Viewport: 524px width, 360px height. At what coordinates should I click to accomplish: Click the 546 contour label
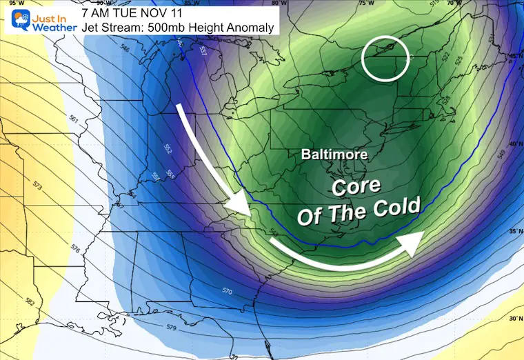[125, 50]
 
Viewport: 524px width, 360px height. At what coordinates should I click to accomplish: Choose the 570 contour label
[228, 292]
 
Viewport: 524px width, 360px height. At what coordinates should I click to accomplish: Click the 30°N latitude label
[513, 319]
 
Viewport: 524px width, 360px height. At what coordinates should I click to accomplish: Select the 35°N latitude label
[514, 232]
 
